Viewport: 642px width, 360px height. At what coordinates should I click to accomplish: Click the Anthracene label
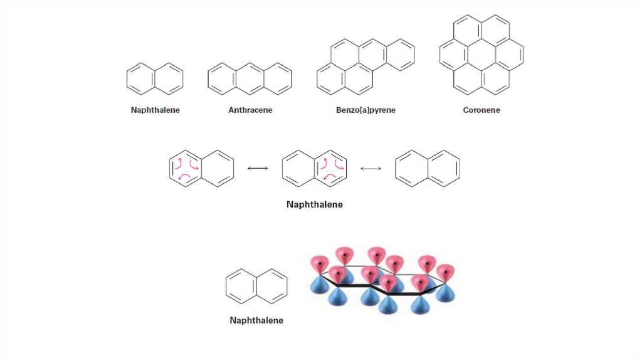(x=250, y=110)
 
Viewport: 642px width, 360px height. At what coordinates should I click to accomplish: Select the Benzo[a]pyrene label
(x=366, y=110)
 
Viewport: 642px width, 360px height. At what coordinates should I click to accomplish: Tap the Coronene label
(x=481, y=110)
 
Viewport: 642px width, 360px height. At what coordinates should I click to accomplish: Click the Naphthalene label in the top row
(x=155, y=110)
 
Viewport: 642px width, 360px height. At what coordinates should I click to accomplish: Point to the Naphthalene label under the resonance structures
(x=315, y=204)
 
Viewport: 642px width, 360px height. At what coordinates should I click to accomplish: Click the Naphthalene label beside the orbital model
(x=256, y=320)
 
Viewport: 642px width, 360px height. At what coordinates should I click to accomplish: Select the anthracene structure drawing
(x=250, y=78)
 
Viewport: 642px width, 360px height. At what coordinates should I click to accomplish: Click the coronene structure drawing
(x=481, y=55)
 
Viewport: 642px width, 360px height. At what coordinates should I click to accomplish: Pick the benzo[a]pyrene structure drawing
(x=366, y=66)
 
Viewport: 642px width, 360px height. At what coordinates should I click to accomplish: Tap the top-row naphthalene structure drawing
(x=155, y=78)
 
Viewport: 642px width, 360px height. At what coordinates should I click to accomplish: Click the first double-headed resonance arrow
(x=258, y=168)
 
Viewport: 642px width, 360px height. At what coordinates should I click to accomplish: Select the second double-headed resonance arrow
(x=371, y=168)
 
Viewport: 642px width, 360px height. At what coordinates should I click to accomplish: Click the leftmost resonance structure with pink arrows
(x=201, y=168)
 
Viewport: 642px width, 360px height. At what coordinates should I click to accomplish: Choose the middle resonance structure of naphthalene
(x=315, y=168)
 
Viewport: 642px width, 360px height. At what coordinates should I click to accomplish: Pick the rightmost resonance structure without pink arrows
(x=428, y=168)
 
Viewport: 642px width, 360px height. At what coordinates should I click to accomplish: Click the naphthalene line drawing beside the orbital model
(x=256, y=286)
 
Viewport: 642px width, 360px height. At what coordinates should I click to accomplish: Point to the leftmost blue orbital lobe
(x=320, y=285)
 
